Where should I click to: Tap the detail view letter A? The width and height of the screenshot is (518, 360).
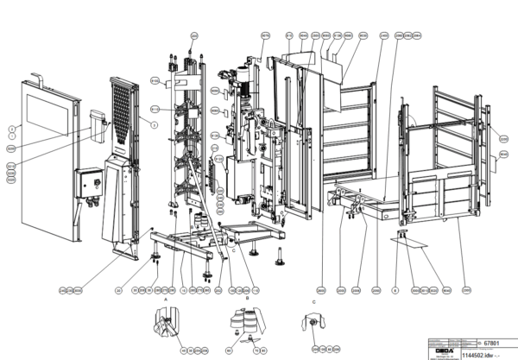pyautogui.click(x=165, y=295)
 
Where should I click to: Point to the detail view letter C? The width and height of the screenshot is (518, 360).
pyautogui.click(x=314, y=300)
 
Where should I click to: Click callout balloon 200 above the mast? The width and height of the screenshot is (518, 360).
pyautogui.click(x=193, y=35)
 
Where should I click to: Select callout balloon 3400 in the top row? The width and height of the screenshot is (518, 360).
pyautogui.click(x=383, y=35)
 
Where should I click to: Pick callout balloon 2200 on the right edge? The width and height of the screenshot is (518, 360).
pyautogui.click(x=504, y=137)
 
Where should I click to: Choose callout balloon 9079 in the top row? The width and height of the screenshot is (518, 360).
pyautogui.click(x=265, y=35)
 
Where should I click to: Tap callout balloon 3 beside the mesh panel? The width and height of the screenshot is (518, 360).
pyautogui.click(x=154, y=126)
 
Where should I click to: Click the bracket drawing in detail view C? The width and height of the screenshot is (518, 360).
pyautogui.click(x=312, y=323)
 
